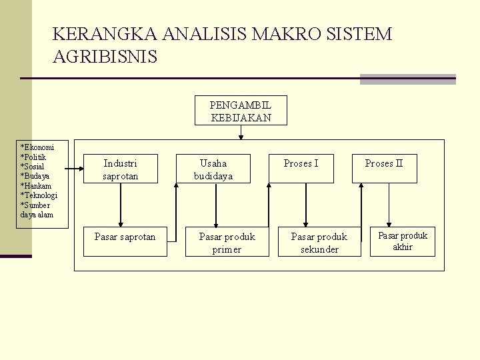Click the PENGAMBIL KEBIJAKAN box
click(241, 111)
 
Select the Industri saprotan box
click(121, 169)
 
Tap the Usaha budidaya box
click(213, 169)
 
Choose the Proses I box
click(301, 169)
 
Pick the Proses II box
click(384, 169)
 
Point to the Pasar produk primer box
click(227, 242)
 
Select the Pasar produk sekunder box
click(319, 242)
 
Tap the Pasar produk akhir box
click(403, 241)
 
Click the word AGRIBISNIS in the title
click(105, 57)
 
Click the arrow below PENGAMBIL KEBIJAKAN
click(241, 133)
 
